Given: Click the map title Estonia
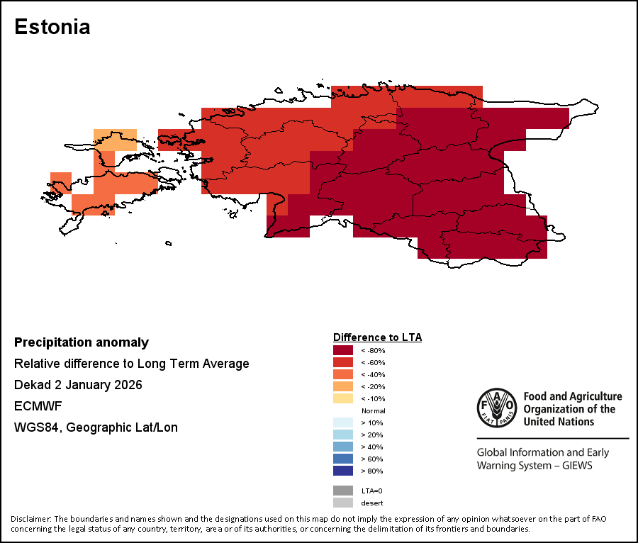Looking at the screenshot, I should coord(52,27).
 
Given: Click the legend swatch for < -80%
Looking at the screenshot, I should coord(343,350).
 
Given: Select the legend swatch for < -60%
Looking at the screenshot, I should coord(343,362).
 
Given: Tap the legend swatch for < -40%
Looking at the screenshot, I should coord(343,374).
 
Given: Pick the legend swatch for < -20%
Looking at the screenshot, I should coord(343,386).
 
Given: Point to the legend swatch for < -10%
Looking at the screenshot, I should coord(343,398).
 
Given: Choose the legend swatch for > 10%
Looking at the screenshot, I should coord(343,422).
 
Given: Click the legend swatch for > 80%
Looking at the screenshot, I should coord(343,471).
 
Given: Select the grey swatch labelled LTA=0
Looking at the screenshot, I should coord(343,491).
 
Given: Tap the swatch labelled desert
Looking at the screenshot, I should coord(343,503).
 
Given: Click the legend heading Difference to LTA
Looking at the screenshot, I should coord(377,337).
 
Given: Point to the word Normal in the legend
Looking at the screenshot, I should coord(373,411).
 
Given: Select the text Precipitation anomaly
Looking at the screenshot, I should coord(82,342).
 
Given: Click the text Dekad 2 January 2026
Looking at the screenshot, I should coord(78,385).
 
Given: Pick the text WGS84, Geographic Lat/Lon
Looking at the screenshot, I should coord(96,427).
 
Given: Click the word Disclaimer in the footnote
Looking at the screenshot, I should coord(30,519).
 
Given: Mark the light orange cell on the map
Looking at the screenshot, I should coord(116,139).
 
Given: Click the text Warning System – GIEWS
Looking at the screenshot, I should coord(534,466).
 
